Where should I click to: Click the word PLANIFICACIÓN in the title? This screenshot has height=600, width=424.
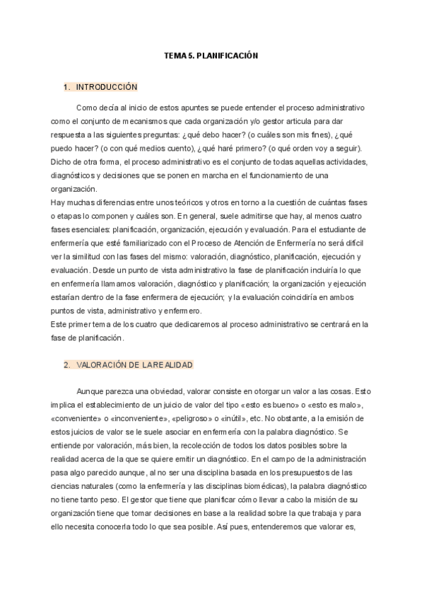(x=230, y=55)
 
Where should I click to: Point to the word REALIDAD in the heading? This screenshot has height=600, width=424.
(x=170, y=365)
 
